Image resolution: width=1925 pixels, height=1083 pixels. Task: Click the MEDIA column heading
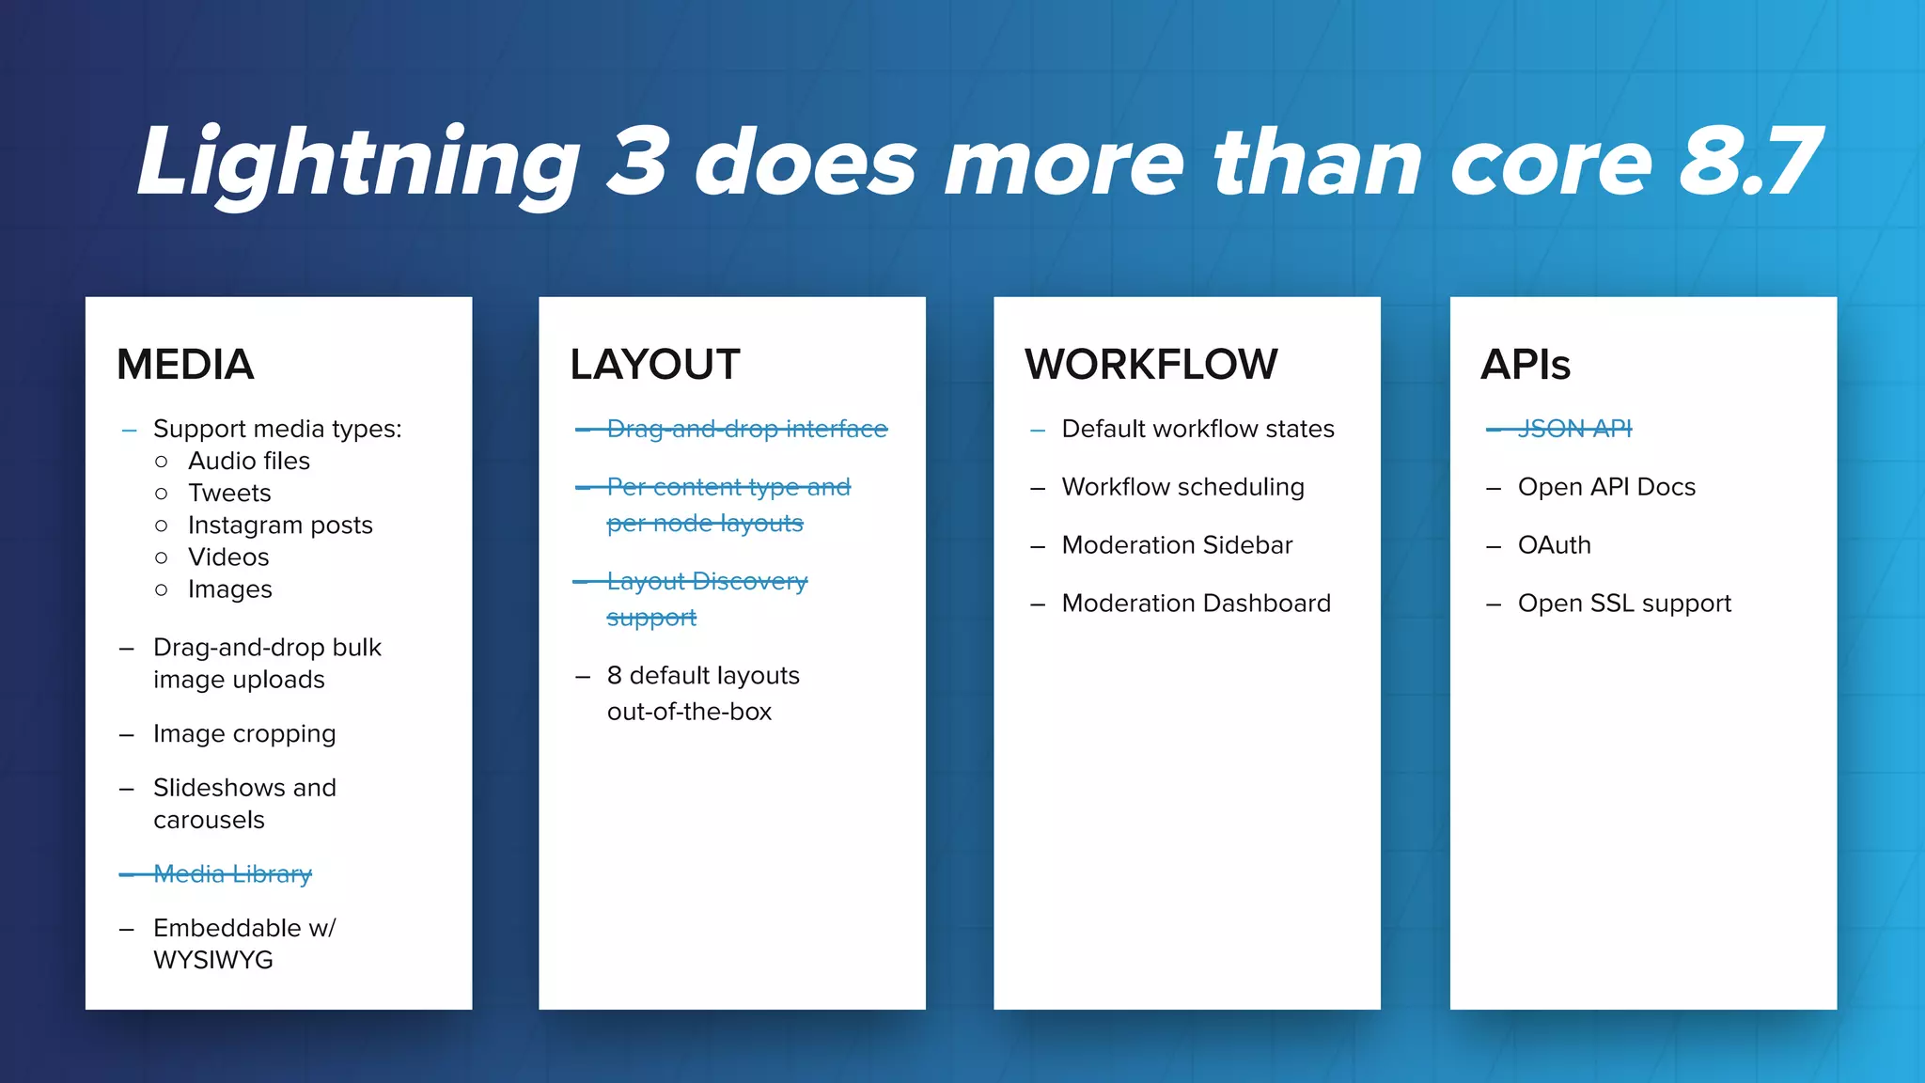(x=185, y=365)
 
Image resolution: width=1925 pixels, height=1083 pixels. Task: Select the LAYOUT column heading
(x=654, y=365)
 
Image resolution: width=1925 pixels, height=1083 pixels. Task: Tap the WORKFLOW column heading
(x=1150, y=365)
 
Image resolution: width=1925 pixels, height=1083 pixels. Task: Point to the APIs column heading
(x=1525, y=365)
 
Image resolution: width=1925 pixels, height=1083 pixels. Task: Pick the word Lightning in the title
(x=358, y=162)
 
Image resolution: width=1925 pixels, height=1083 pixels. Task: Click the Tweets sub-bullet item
(x=229, y=493)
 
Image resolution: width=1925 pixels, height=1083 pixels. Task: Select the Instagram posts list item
(x=280, y=525)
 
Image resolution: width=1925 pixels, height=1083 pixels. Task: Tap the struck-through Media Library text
(x=232, y=874)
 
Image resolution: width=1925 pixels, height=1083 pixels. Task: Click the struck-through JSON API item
(x=1574, y=429)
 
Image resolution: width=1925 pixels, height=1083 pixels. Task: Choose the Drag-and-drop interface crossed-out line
(x=746, y=429)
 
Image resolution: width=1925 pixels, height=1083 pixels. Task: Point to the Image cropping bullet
(x=244, y=733)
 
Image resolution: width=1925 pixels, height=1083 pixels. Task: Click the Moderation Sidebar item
(x=1177, y=545)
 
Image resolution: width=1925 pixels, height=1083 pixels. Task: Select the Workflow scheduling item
(x=1182, y=487)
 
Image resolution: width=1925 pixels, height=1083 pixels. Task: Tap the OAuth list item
(x=1554, y=545)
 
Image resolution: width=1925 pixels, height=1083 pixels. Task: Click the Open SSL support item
(x=1623, y=604)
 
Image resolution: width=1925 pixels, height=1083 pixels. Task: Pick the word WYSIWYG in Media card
(x=213, y=960)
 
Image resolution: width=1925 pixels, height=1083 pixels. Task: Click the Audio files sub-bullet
(x=248, y=461)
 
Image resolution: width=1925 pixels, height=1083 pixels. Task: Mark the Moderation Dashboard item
(x=1196, y=604)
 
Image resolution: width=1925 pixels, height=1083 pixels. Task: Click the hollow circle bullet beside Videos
(x=162, y=557)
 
